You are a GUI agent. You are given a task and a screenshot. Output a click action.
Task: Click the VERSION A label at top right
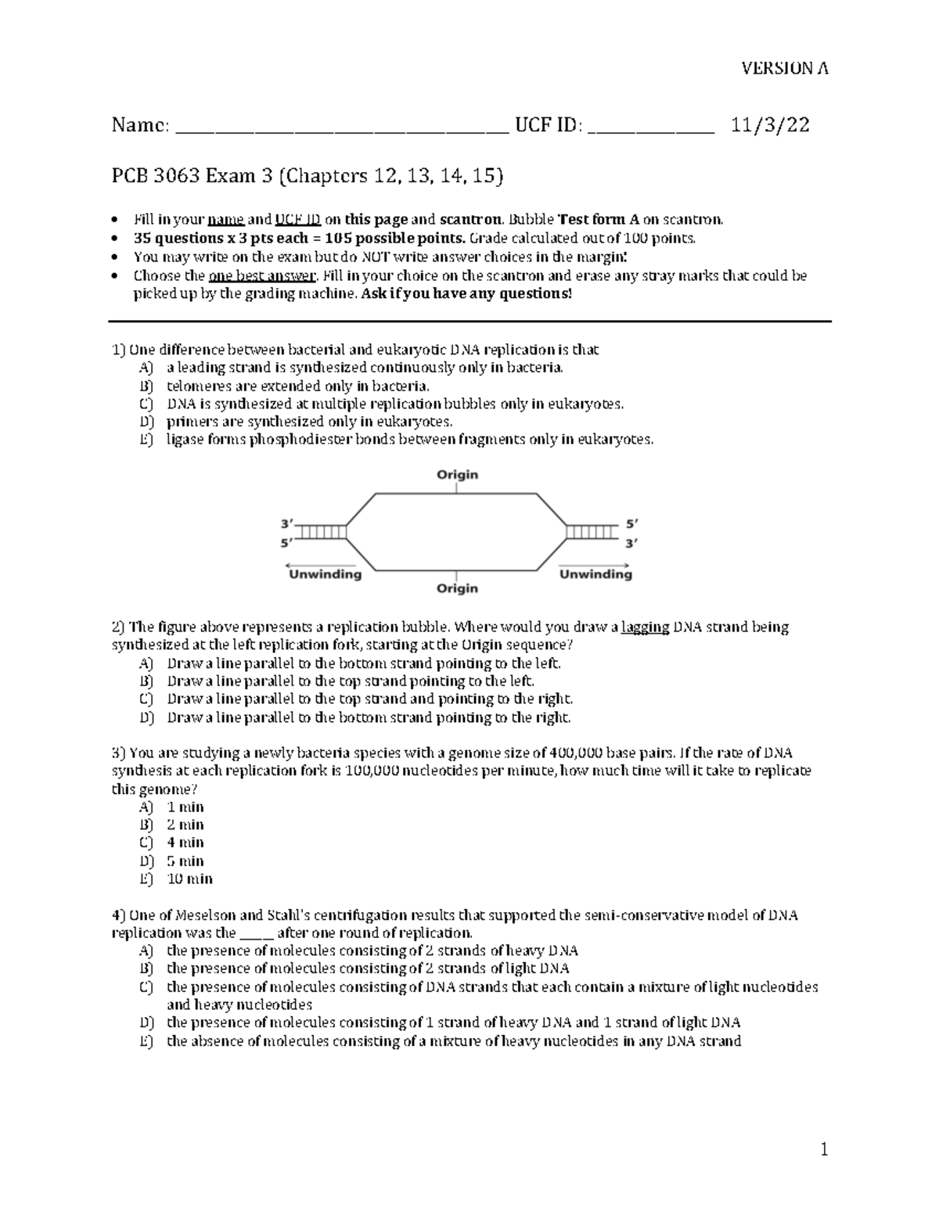coord(785,68)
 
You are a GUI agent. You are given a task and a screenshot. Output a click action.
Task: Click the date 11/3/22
coord(770,124)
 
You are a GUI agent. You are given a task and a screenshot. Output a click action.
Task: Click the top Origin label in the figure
coord(457,475)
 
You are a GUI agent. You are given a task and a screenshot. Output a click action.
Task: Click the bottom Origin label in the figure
coord(457,588)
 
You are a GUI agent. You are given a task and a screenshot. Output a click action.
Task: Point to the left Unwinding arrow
coord(321,565)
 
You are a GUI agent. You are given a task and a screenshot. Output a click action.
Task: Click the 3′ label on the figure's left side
coord(287,523)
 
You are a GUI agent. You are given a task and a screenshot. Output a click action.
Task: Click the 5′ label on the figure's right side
coord(631,524)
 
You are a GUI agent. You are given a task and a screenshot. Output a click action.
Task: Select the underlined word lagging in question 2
coord(645,627)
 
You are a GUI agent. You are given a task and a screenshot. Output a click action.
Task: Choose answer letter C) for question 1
coord(146,404)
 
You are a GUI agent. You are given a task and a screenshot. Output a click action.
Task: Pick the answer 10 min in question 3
coord(189,879)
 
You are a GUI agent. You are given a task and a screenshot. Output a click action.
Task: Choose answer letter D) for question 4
coord(146,1023)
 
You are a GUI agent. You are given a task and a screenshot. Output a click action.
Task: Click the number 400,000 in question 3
coord(576,753)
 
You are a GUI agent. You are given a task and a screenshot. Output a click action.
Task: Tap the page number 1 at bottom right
coord(823,1149)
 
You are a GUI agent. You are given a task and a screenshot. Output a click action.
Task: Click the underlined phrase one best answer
coord(261,275)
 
